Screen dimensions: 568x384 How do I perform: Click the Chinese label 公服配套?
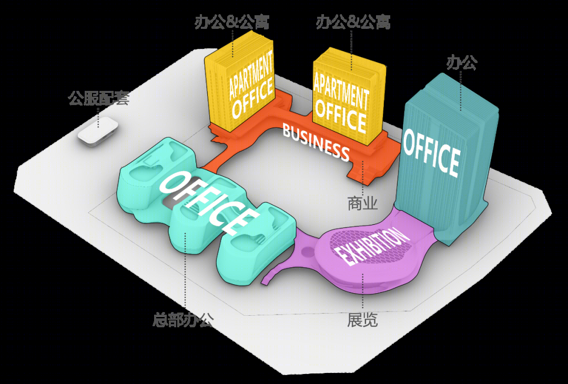click(x=98, y=99)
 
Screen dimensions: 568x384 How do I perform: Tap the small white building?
click(x=98, y=132)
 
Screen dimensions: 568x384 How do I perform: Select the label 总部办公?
click(x=184, y=319)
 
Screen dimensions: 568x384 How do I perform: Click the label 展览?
click(x=362, y=319)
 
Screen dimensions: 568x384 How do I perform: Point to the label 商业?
click(x=362, y=203)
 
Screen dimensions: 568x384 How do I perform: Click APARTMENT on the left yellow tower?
click(x=251, y=76)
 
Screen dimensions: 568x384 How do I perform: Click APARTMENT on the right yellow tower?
click(x=341, y=89)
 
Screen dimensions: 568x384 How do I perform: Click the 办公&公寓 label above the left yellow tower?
click(x=232, y=23)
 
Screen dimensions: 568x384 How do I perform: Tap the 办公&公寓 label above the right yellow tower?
click(x=353, y=23)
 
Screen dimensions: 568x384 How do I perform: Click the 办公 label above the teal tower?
click(x=462, y=63)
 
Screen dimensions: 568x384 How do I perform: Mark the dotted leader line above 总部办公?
click(x=185, y=272)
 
